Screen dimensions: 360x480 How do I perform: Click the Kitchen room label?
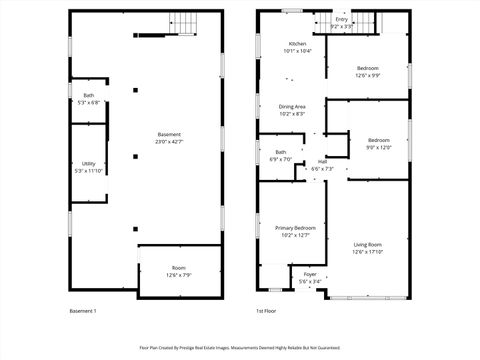[x=297, y=44]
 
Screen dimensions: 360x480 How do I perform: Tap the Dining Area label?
[x=292, y=107]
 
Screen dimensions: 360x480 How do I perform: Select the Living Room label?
[x=367, y=244]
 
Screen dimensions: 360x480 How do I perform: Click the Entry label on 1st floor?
[x=342, y=19]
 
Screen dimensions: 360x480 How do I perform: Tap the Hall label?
[x=322, y=162]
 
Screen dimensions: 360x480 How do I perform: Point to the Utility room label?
[x=89, y=163]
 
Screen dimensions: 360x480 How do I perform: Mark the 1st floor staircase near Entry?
[x=368, y=21]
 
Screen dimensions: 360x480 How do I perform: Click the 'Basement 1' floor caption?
[x=82, y=311]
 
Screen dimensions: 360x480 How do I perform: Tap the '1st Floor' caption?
[x=266, y=311]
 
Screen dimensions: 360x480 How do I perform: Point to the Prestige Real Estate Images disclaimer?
[x=240, y=348]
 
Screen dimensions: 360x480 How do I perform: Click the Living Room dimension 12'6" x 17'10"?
[x=367, y=251]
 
